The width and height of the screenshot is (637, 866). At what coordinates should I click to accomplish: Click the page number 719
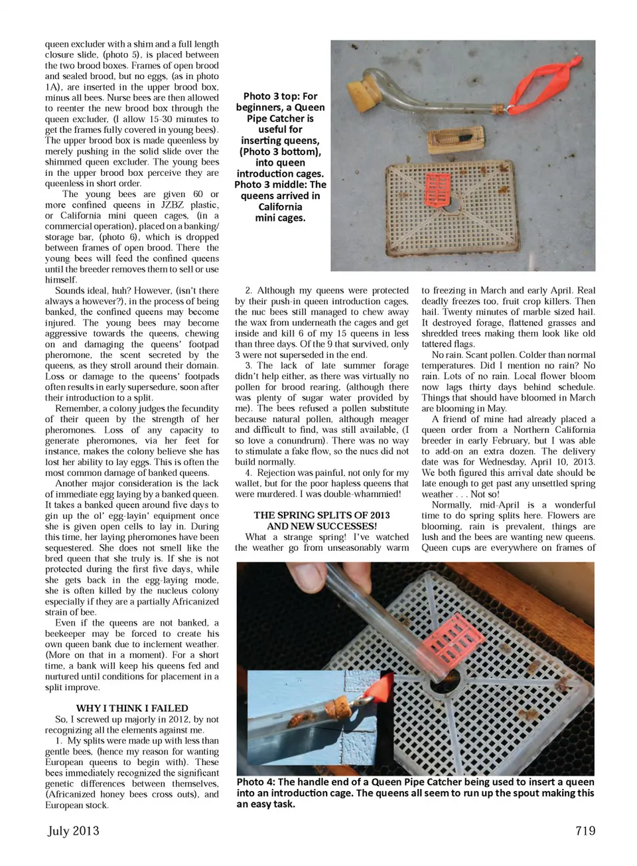(x=585, y=831)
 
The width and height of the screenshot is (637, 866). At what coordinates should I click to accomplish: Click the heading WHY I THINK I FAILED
(x=132, y=708)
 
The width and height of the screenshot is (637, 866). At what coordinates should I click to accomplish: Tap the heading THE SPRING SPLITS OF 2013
(x=321, y=515)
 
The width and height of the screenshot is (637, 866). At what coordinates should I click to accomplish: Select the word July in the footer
(x=58, y=831)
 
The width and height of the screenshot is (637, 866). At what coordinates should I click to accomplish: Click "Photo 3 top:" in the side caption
(x=272, y=96)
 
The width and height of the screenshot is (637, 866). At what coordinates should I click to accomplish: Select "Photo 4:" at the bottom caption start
(x=255, y=782)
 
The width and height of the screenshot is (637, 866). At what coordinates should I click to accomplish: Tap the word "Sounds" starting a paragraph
(x=70, y=291)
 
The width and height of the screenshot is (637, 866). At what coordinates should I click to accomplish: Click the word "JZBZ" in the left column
(x=174, y=204)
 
